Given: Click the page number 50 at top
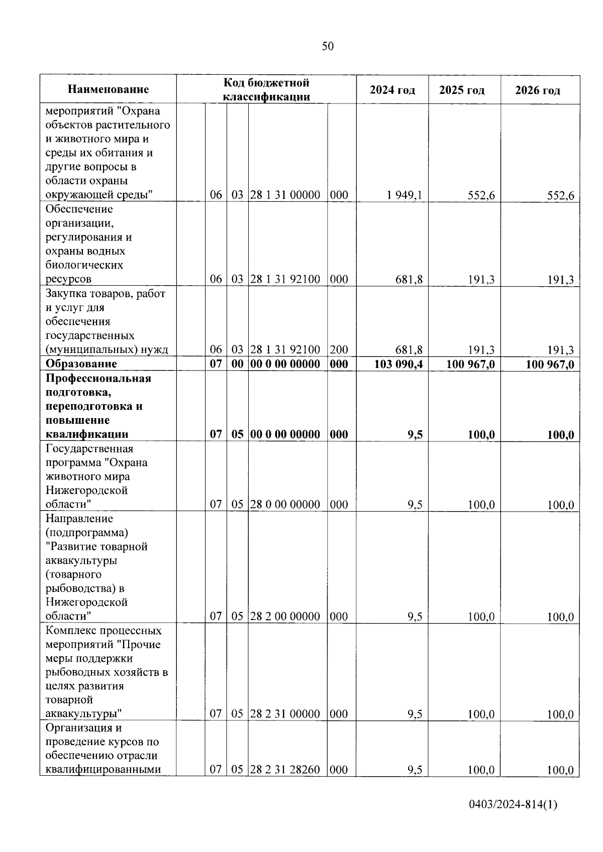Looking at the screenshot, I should coord(327,47).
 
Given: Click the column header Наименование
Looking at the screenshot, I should coord(109,90).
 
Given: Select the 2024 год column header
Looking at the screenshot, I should coord(392,90).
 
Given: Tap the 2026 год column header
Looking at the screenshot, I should coord(537,90).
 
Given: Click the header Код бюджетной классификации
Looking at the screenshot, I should coord(266,89).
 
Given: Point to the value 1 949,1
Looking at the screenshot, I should coord(405,195).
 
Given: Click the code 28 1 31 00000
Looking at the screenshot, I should coord(285,195).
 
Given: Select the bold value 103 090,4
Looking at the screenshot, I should coord(398,364).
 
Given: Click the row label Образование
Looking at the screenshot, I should coord(81,364).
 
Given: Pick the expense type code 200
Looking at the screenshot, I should coord(339,350).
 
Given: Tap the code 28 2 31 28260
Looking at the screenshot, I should coord(285,770).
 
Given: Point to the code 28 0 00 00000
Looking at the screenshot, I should coord(285,505).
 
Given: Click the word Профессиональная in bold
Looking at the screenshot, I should coord(98,378).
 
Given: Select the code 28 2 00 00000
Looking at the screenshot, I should coord(285,617).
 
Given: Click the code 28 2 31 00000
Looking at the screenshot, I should coord(285,714).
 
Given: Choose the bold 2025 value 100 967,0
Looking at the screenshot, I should coord(470,364).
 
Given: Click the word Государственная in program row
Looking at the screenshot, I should coord(89,448).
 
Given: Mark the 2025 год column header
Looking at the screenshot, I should coord(462,90).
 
